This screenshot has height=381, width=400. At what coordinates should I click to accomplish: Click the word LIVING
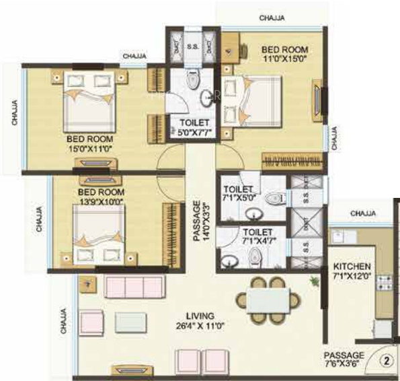coord(201,316)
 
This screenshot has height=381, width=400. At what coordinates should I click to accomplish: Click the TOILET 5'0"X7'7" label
coord(195,128)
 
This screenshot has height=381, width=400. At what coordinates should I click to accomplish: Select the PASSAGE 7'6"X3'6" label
coord(344,360)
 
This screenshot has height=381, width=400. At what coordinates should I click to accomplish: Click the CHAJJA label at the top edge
coord(273,18)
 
